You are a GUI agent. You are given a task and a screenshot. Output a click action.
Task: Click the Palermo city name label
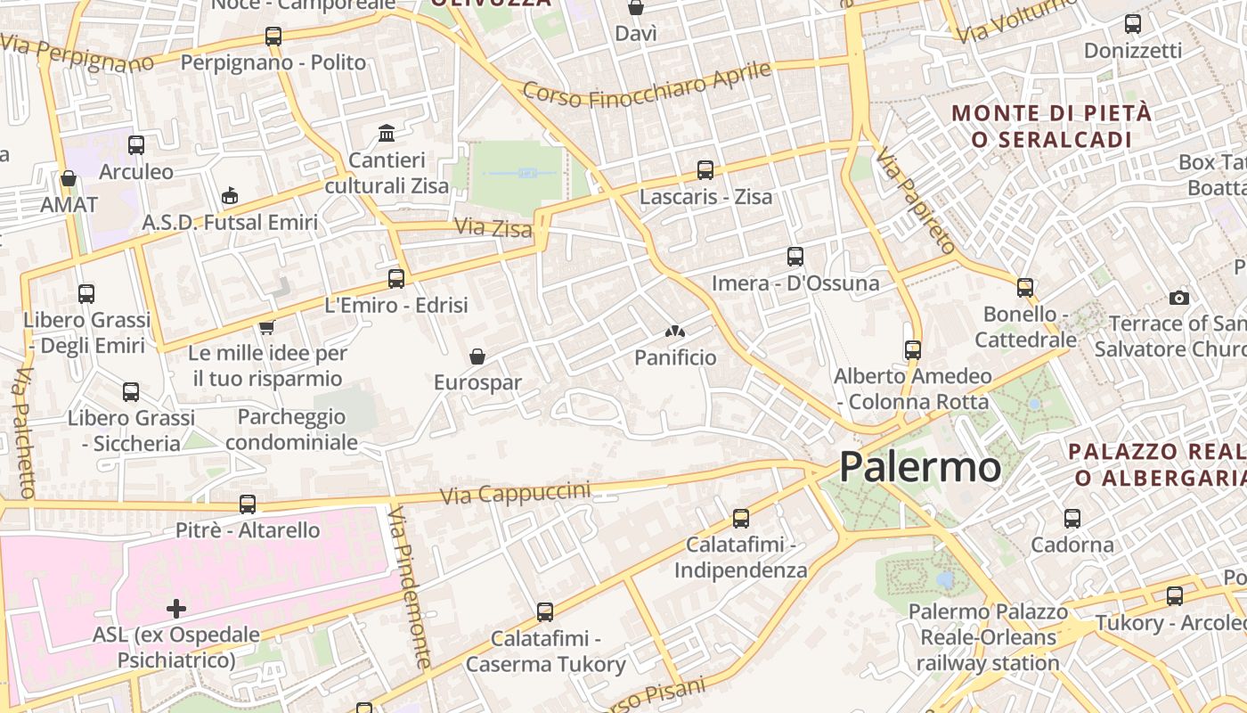pyautogui.click(x=920, y=467)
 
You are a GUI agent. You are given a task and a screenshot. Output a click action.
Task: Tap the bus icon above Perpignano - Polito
pyautogui.click(x=273, y=37)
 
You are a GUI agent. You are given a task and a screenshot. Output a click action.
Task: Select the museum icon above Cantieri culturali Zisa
pyautogui.click(x=387, y=134)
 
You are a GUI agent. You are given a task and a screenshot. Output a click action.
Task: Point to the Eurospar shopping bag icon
pyautogui.click(x=477, y=356)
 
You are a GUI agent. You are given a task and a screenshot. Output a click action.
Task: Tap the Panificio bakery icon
pyautogui.click(x=675, y=332)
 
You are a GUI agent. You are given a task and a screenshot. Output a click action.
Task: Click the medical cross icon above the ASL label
pyautogui.click(x=176, y=609)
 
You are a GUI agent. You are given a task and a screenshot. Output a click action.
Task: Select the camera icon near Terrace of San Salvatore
pyautogui.click(x=1179, y=298)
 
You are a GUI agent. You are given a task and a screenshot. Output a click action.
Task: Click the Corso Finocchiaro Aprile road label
pyautogui.click(x=647, y=83)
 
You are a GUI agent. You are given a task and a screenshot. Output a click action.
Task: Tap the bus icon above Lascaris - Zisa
pyautogui.click(x=705, y=169)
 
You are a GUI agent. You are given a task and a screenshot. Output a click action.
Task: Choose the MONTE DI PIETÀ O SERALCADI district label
pyautogui.click(x=1052, y=127)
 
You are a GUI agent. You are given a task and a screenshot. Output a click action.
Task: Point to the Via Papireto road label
pyautogui.click(x=915, y=201)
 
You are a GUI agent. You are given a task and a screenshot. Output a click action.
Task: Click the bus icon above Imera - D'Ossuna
pyautogui.click(x=795, y=257)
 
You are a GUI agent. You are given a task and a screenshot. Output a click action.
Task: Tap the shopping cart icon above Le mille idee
pyautogui.click(x=266, y=327)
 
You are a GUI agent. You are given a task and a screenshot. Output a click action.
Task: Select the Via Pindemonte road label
pyautogui.click(x=410, y=587)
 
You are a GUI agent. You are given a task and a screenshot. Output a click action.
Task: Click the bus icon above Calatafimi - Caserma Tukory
pyautogui.click(x=545, y=612)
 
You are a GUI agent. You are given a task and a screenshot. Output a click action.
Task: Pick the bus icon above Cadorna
pyautogui.click(x=1072, y=518)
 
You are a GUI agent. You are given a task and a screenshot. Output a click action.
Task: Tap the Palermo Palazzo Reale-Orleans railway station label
pyautogui.click(x=988, y=637)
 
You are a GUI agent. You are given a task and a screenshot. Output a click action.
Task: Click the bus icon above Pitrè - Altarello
pyautogui.click(x=248, y=504)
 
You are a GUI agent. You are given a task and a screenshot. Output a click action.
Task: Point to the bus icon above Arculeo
pyautogui.click(x=136, y=145)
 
